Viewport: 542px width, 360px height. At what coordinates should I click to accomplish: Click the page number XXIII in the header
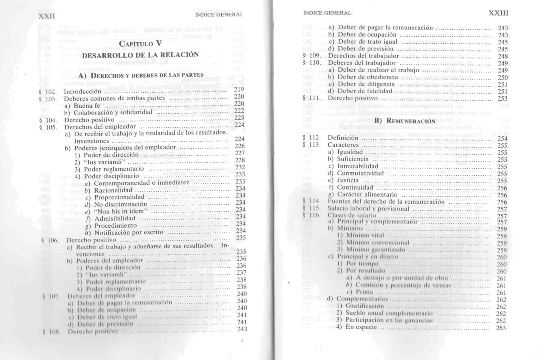(x=498, y=13)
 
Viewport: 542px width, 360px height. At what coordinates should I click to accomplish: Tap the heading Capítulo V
(x=140, y=44)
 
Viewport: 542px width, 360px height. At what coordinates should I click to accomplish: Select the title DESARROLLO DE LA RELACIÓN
(x=140, y=55)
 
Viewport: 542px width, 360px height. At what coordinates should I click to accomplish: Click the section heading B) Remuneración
(x=404, y=121)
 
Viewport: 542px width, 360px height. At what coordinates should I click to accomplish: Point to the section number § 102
(x=49, y=92)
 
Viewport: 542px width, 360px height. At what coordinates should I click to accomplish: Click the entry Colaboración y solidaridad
(x=113, y=113)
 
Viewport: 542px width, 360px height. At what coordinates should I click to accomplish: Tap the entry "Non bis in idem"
(x=121, y=211)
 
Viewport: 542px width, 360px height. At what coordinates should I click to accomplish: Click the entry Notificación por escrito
(x=129, y=233)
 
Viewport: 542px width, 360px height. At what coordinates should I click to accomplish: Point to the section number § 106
(x=50, y=240)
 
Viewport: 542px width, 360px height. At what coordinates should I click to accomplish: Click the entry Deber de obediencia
(x=368, y=77)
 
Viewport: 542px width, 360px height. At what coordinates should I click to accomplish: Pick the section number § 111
(x=312, y=98)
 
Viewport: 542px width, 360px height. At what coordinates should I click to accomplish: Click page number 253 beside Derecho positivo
(x=502, y=98)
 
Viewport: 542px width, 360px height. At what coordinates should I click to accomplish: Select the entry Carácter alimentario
(x=367, y=194)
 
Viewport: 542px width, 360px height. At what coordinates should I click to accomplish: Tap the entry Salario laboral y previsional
(x=368, y=209)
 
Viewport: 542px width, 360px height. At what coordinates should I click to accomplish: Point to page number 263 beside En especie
(x=501, y=328)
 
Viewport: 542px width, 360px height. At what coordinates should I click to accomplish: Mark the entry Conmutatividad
(x=360, y=173)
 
